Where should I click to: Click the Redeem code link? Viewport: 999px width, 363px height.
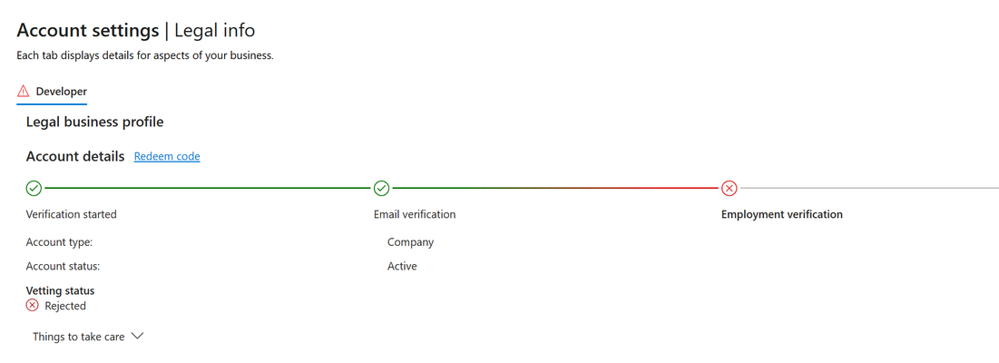(x=167, y=157)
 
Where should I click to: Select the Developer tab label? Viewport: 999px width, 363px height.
(x=61, y=91)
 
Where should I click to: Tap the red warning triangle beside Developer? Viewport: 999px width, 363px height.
(x=24, y=91)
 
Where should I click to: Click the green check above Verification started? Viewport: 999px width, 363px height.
(x=34, y=189)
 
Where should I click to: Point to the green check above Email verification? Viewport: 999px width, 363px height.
(x=382, y=189)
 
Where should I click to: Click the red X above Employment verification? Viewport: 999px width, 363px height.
(x=730, y=189)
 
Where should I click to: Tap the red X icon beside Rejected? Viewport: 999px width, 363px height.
(x=32, y=306)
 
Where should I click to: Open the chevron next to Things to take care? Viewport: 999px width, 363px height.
(x=137, y=337)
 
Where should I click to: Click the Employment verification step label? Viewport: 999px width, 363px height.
(x=782, y=214)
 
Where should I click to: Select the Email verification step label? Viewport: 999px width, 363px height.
(x=415, y=214)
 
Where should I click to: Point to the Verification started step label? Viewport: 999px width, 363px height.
(x=72, y=214)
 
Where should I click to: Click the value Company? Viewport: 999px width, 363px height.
(x=410, y=242)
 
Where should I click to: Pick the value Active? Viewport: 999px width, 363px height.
(x=402, y=266)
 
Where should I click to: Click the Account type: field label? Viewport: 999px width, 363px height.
(x=60, y=242)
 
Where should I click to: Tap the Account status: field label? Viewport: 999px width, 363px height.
(x=64, y=266)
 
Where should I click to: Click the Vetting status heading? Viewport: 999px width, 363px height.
(x=61, y=291)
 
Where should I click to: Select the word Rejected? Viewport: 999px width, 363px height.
(x=65, y=307)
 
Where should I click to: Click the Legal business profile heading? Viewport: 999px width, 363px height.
(x=95, y=122)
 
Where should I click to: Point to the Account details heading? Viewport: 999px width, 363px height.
(x=75, y=157)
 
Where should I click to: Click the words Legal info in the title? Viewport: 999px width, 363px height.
(x=215, y=30)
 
